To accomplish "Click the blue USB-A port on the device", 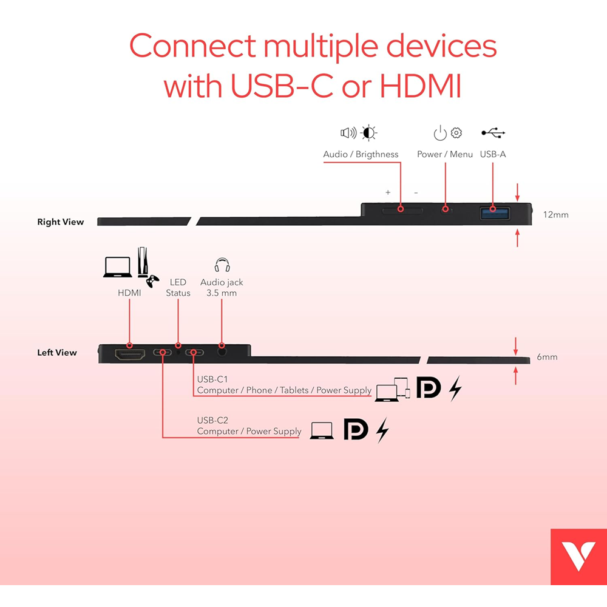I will [494, 213].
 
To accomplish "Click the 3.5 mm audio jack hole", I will [222, 350].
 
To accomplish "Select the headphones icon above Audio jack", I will [222, 265].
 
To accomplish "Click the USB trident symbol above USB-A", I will [493, 132].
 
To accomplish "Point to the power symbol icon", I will [439, 132].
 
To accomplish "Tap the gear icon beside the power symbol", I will [456, 132].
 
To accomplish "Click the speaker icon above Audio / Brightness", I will [348, 133].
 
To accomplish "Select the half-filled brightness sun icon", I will [368, 132].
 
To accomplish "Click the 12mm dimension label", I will [555, 214].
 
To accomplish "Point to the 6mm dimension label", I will [547, 357].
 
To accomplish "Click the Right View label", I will [61, 222].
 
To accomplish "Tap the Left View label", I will [57, 353].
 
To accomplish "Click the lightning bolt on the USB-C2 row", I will [382, 430].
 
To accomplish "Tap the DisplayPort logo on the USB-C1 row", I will [429, 388].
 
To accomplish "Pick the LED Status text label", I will [178, 288].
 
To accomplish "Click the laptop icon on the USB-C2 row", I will [322, 430].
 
